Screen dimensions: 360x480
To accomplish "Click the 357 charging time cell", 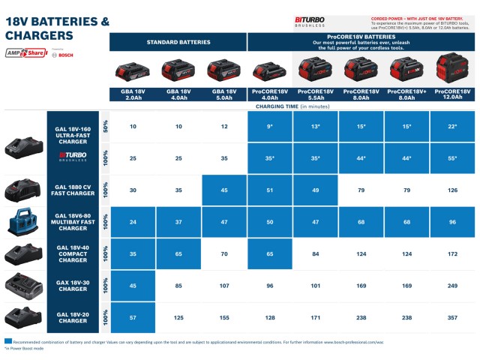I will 452,318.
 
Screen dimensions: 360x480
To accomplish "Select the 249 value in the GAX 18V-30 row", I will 452,286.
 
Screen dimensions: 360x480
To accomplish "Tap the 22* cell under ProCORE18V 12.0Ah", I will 452,126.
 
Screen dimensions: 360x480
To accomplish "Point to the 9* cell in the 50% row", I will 270,126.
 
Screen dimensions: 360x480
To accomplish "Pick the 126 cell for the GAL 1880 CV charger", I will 452,190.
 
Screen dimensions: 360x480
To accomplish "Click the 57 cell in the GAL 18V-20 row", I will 133,318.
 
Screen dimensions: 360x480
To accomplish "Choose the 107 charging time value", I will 224,286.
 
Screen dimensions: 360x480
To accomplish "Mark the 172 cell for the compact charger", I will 452,254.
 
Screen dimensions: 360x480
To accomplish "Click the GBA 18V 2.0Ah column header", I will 133,94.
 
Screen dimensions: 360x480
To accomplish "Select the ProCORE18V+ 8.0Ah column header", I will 406,94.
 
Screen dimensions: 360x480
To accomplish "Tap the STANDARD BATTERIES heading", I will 178,42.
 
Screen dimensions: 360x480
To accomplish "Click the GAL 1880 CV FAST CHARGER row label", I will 73,190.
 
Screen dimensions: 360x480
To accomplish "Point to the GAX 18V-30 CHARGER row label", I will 73,286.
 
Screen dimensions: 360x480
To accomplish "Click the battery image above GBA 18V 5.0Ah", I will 224,71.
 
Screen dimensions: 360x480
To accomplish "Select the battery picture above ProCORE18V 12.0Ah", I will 452,70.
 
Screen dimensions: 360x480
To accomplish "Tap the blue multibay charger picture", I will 24,223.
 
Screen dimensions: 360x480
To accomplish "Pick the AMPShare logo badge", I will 25,54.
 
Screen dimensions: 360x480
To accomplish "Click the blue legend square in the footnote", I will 8,341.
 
